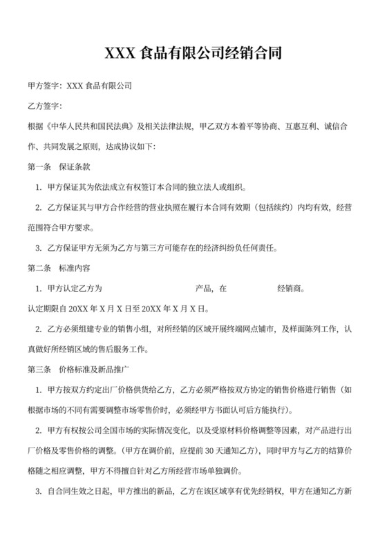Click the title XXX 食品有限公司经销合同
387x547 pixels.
[193, 52]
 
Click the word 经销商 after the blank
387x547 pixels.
[289, 288]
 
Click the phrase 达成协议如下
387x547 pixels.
[131, 146]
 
